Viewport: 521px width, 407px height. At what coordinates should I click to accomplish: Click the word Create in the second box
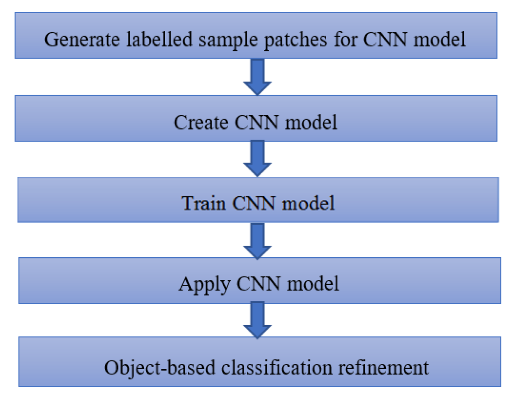tap(201, 122)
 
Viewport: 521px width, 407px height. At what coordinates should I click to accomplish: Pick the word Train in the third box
tap(204, 203)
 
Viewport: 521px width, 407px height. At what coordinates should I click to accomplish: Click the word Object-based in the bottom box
tap(159, 368)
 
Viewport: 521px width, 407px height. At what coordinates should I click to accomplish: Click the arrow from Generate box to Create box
tap(258, 77)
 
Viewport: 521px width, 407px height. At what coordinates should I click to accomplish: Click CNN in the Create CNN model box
tap(257, 122)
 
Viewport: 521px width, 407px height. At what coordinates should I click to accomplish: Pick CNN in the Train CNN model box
tap(254, 203)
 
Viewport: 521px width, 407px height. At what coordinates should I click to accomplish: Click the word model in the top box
tap(440, 40)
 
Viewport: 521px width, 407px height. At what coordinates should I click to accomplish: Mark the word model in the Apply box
tap(313, 284)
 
